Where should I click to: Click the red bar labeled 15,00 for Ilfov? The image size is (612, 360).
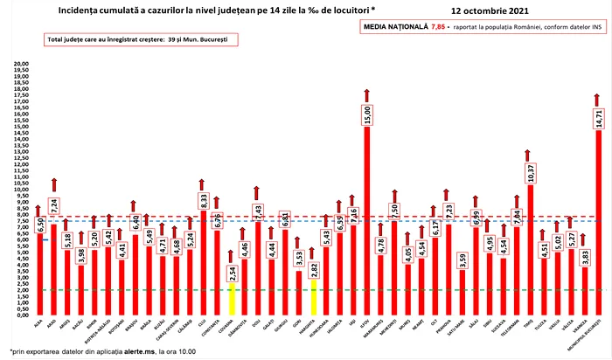click(366, 218)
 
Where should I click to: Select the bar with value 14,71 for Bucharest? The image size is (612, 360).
click(598, 218)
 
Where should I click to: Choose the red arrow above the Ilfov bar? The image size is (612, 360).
click(366, 96)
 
